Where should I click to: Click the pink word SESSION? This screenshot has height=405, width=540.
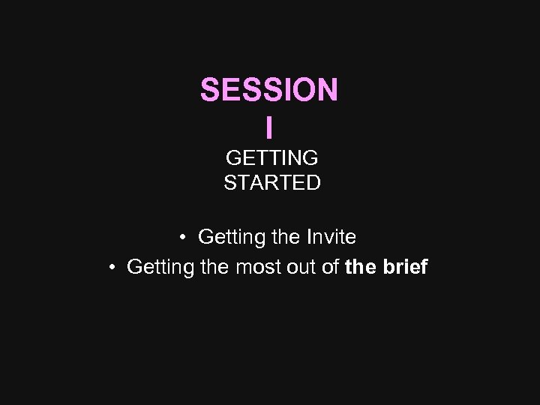[268, 90]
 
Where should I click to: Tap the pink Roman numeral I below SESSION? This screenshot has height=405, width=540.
[269, 127]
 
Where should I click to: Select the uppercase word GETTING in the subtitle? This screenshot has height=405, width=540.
[271, 158]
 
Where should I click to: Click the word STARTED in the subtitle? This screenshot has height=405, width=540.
[271, 182]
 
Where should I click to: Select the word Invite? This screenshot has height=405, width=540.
[331, 238]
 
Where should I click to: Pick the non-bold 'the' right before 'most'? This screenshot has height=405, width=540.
[215, 267]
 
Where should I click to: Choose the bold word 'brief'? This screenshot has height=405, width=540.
[405, 267]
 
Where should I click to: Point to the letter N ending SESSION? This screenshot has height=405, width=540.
[327, 90]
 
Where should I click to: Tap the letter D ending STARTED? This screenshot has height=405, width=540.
[313, 182]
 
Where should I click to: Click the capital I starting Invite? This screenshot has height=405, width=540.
[309, 238]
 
